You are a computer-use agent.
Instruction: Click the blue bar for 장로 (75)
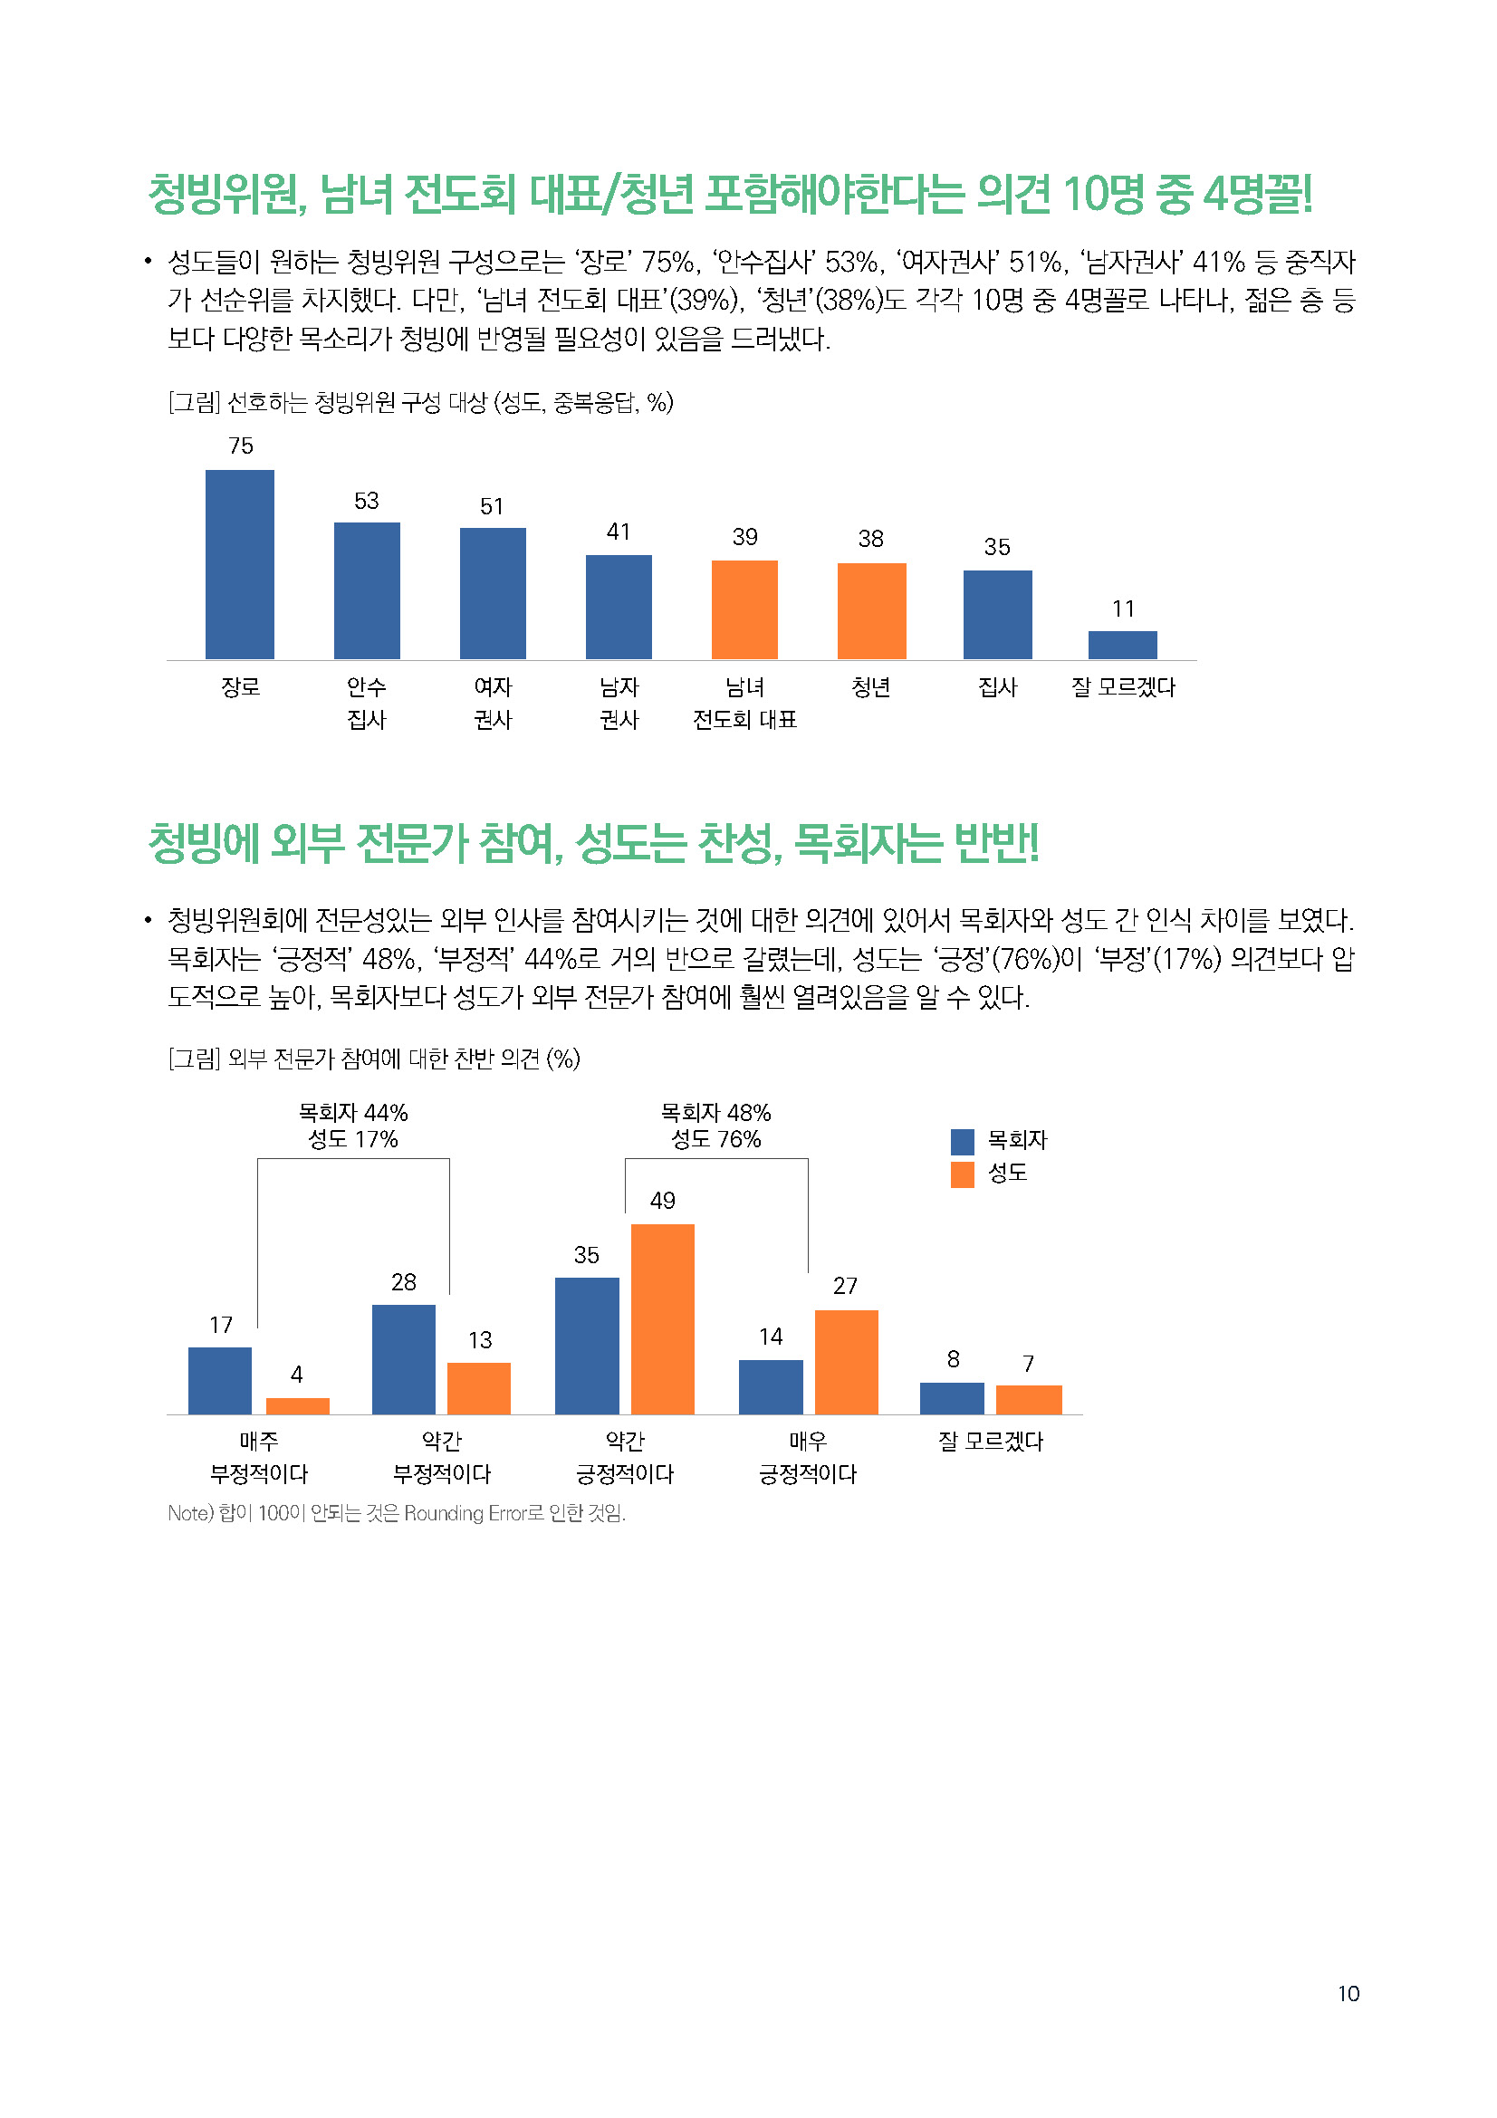point(240,564)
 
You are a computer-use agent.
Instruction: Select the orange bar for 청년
point(870,610)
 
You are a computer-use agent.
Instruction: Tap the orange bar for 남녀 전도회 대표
point(744,609)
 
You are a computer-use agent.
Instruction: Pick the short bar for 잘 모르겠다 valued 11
point(1122,645)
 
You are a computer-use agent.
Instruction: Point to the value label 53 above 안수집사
point(366,501)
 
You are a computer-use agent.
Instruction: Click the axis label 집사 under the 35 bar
point(997,687)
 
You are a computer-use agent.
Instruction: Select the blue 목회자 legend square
point(962,1142)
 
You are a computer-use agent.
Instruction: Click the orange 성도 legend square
point(962,1174)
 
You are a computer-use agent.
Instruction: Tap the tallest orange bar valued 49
point(662,1319)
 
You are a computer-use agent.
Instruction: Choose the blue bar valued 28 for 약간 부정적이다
point(403,1359)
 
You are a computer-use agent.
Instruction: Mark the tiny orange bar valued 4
point(297,1406)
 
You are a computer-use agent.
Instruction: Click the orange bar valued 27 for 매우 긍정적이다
point(846,1362)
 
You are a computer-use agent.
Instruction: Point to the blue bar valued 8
point(952,1398)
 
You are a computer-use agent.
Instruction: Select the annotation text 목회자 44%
point(353,1113)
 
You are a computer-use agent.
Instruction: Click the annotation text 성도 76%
point(715,1140)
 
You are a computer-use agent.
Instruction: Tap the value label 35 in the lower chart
point(587,1254)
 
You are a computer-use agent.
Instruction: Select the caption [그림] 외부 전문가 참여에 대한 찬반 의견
point(373,1059)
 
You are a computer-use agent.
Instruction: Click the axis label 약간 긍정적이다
point(625,1458)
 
